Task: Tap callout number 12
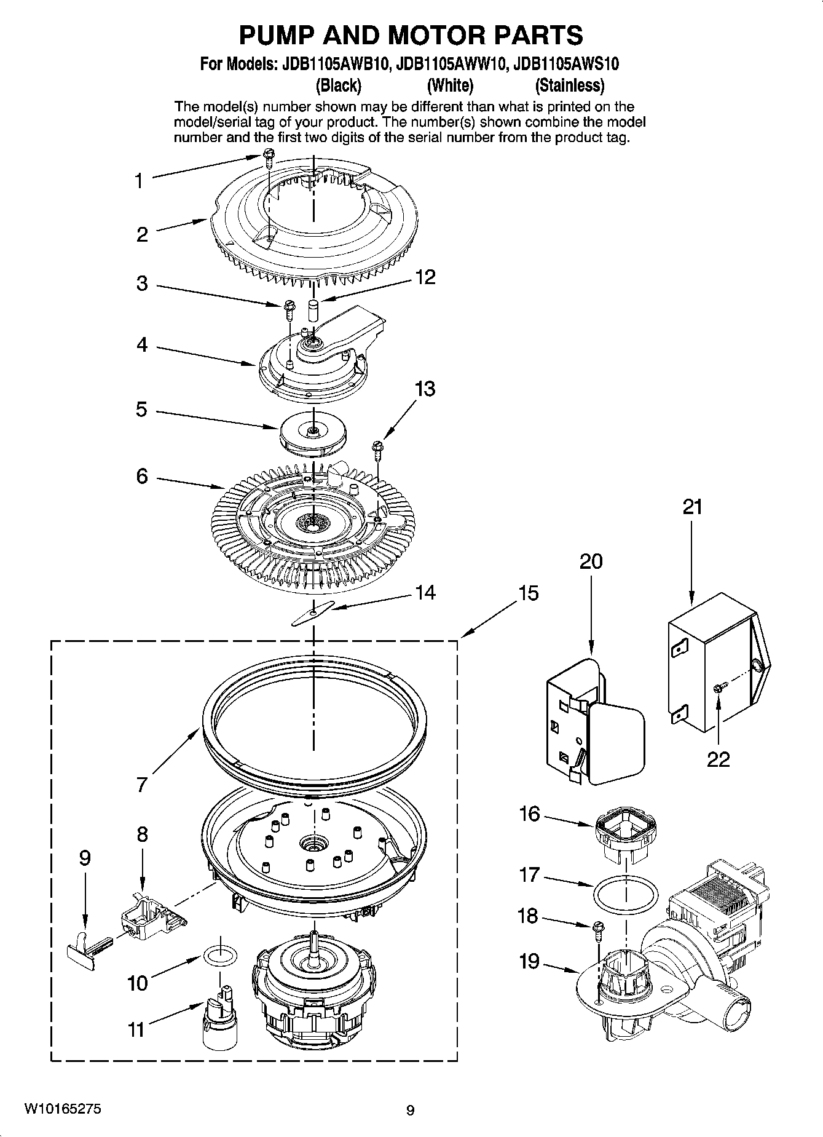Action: coord(425,277)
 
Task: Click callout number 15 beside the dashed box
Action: coord(528,593)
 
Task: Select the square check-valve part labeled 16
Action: coord(626,831)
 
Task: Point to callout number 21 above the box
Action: coord(691,507)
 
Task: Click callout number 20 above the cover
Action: coord(591,561)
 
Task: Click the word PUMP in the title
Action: coord(272,36)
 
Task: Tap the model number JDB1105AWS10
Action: coord(566,64)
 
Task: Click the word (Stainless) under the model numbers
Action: coord(570,85)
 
